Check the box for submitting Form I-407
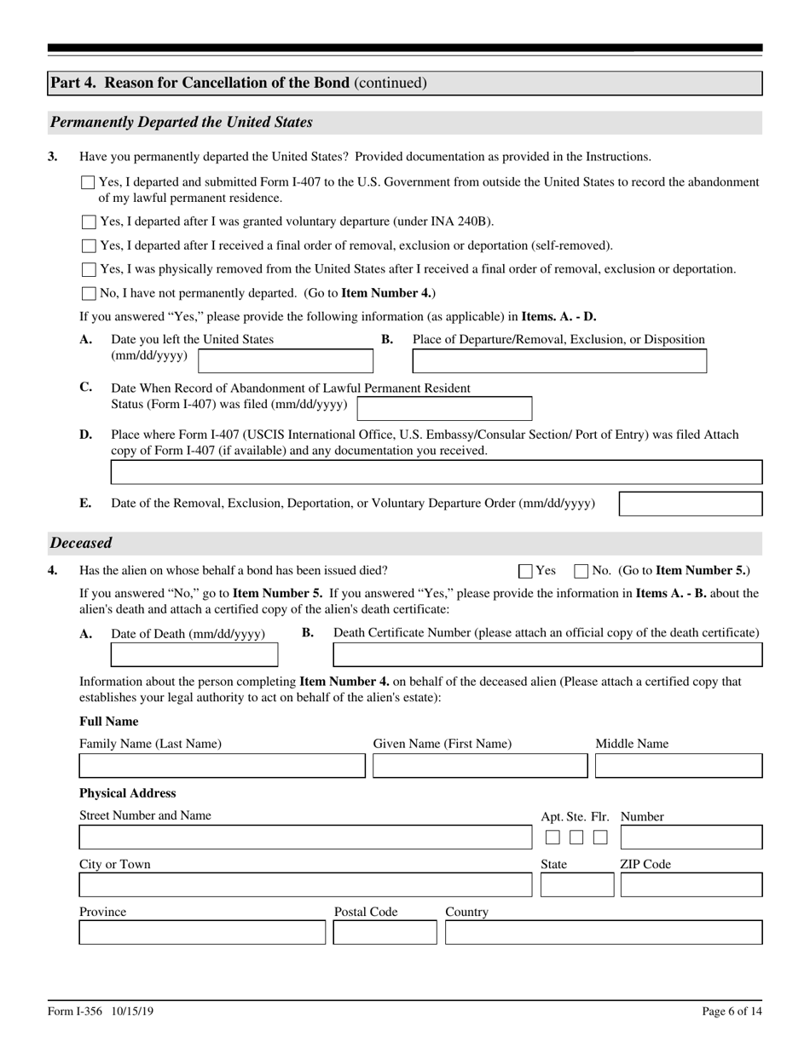[x=89, y=182]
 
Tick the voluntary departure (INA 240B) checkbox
[x=89, y=222]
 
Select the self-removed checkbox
[x=89, y=246]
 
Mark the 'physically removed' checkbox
[x=89, y=270]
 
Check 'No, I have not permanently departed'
[x=89, y=294]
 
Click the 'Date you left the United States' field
[x=285, y=361]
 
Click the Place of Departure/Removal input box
[x=559, y=361]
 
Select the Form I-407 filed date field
[x=443, y=409]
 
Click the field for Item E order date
[x=690, y=504]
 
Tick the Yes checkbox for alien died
[x=526, y=572]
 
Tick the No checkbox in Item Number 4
[x=582, y=572]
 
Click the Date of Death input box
[x=194, y=655]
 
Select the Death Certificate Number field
[x=547, y=655]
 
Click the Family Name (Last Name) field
[x=222, y=766]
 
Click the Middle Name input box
[x=678, y=766]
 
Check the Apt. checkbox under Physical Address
[x=553, y=838]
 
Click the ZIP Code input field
[x=691, y=885]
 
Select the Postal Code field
[x=385, y=933]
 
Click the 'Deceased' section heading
[x=81, y=543]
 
